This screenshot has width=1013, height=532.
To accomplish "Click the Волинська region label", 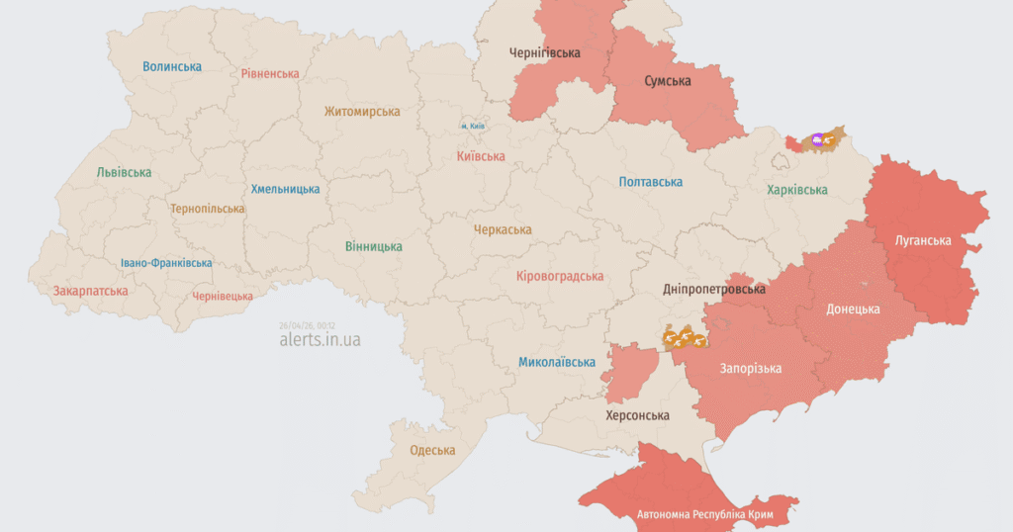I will click(172, 66).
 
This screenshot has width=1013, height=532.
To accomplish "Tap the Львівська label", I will click(125, 172).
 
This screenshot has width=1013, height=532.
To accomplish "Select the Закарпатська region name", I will click(91, 292).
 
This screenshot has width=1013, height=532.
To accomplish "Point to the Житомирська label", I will click(362, 113).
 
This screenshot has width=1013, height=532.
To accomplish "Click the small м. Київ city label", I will click(471, 127).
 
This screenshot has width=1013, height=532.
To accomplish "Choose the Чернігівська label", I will click(545, 52).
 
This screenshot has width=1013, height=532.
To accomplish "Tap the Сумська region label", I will click(668, 80).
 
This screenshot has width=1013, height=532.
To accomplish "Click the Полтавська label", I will click(651, 182).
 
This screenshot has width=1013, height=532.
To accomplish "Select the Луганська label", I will click(923, 240).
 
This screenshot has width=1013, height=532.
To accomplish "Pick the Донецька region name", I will click(853, 309).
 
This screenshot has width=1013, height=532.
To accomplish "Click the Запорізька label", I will click(751, 368).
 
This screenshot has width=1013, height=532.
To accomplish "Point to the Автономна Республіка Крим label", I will click(704, 515).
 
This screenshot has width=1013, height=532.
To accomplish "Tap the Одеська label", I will click(433, 450).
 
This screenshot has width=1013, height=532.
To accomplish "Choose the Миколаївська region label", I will click(557, 362).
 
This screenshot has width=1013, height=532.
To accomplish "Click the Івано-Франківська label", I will click(166, 263).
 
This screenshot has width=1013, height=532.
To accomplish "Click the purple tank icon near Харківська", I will click(817, 140).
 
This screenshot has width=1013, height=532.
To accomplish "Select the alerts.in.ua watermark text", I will click(320, 339).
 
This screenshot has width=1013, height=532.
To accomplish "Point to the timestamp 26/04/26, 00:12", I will click(308, 324).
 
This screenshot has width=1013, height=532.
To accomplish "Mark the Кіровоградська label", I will click(560, 276).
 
